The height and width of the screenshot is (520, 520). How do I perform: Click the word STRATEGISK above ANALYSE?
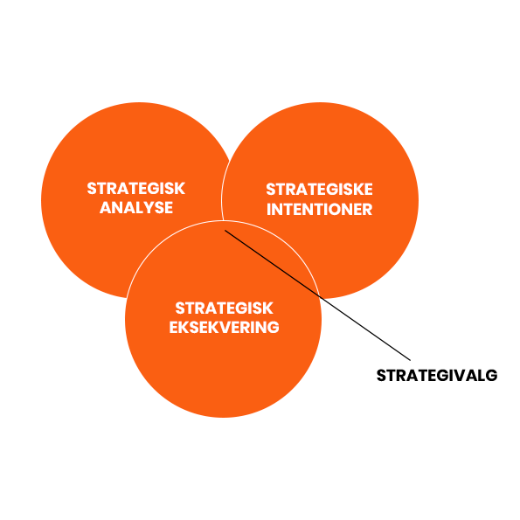[x=136, y=189]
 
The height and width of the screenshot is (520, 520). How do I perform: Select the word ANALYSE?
[x=136, y=208]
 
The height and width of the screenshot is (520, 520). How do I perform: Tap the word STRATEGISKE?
[x=319, y=190]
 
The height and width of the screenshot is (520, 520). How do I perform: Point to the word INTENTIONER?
[x=319, y=209]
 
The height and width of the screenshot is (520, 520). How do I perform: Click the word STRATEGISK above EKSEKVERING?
[x=225, y=309]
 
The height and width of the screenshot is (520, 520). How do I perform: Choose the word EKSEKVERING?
[x=225, y=328]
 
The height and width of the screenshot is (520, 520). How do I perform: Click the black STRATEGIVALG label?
[x=437, y=376]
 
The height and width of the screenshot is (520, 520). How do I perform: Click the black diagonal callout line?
[x=318, y=295]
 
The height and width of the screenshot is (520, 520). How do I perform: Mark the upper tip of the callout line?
[x=225, y=230]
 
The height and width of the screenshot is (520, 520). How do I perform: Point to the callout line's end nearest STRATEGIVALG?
[x=411, y=360]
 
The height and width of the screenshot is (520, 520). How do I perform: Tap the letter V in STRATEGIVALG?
[x=460, y=376]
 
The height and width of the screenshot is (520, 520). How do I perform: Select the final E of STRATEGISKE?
[x=368, y=190]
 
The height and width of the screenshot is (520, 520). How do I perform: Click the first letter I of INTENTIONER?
[x=268, y=209]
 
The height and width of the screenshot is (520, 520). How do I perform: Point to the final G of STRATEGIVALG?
[x=491, y=376]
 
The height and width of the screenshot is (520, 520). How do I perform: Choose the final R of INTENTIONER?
[x=367, y=209]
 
